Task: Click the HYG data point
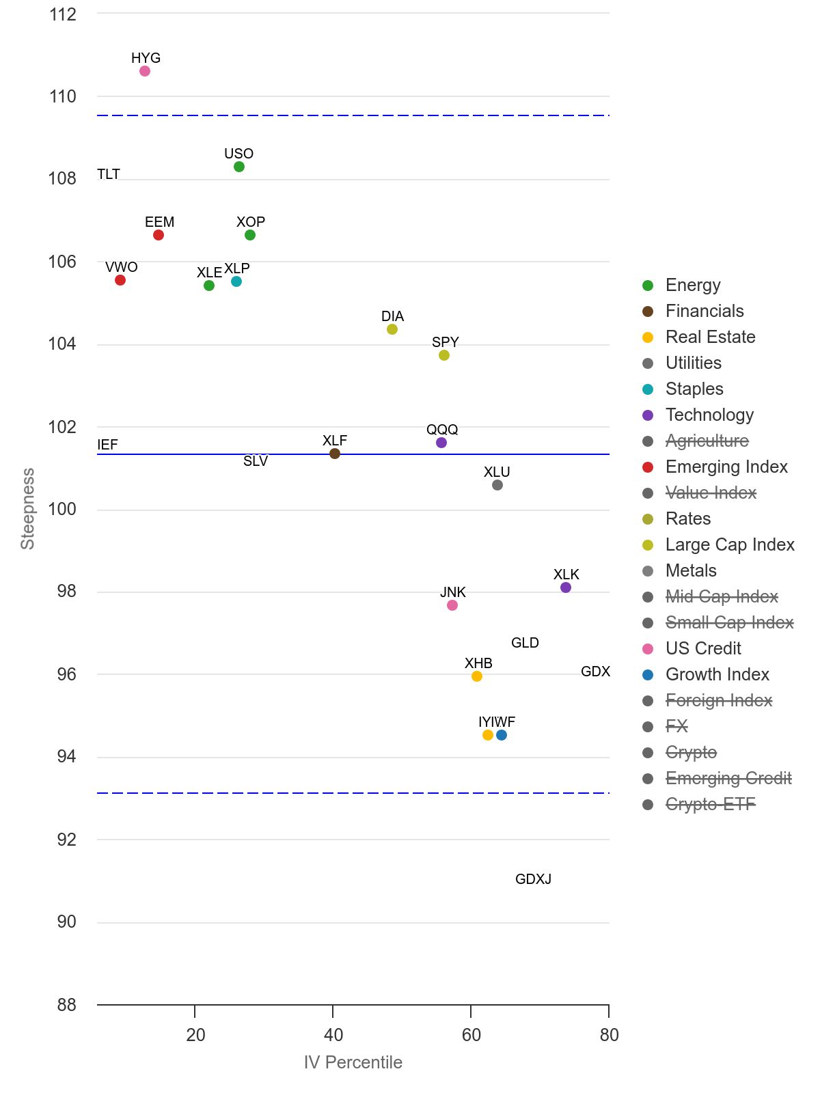coord(145,71)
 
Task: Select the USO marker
coord(239,167)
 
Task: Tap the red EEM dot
coord(159,235)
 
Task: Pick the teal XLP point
coord(236,281)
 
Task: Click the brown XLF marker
coord(335,454)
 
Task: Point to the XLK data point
coord(566,587)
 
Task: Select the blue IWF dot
coord(502,735)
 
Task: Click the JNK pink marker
coord(452,605)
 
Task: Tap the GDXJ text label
coord(533,879)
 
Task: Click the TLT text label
coord(109,174)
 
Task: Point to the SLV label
coord(256,461)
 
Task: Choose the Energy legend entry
coord(693,285)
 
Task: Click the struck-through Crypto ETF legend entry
coord(710,804)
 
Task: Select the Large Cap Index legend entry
coord(730,544)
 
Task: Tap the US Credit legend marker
coord(648,648)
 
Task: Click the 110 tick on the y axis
coord(63,96)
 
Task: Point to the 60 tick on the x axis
coord(471,1035)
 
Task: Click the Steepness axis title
coord(27,509)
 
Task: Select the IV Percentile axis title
coord(353,1062)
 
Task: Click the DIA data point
coord(392,329)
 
